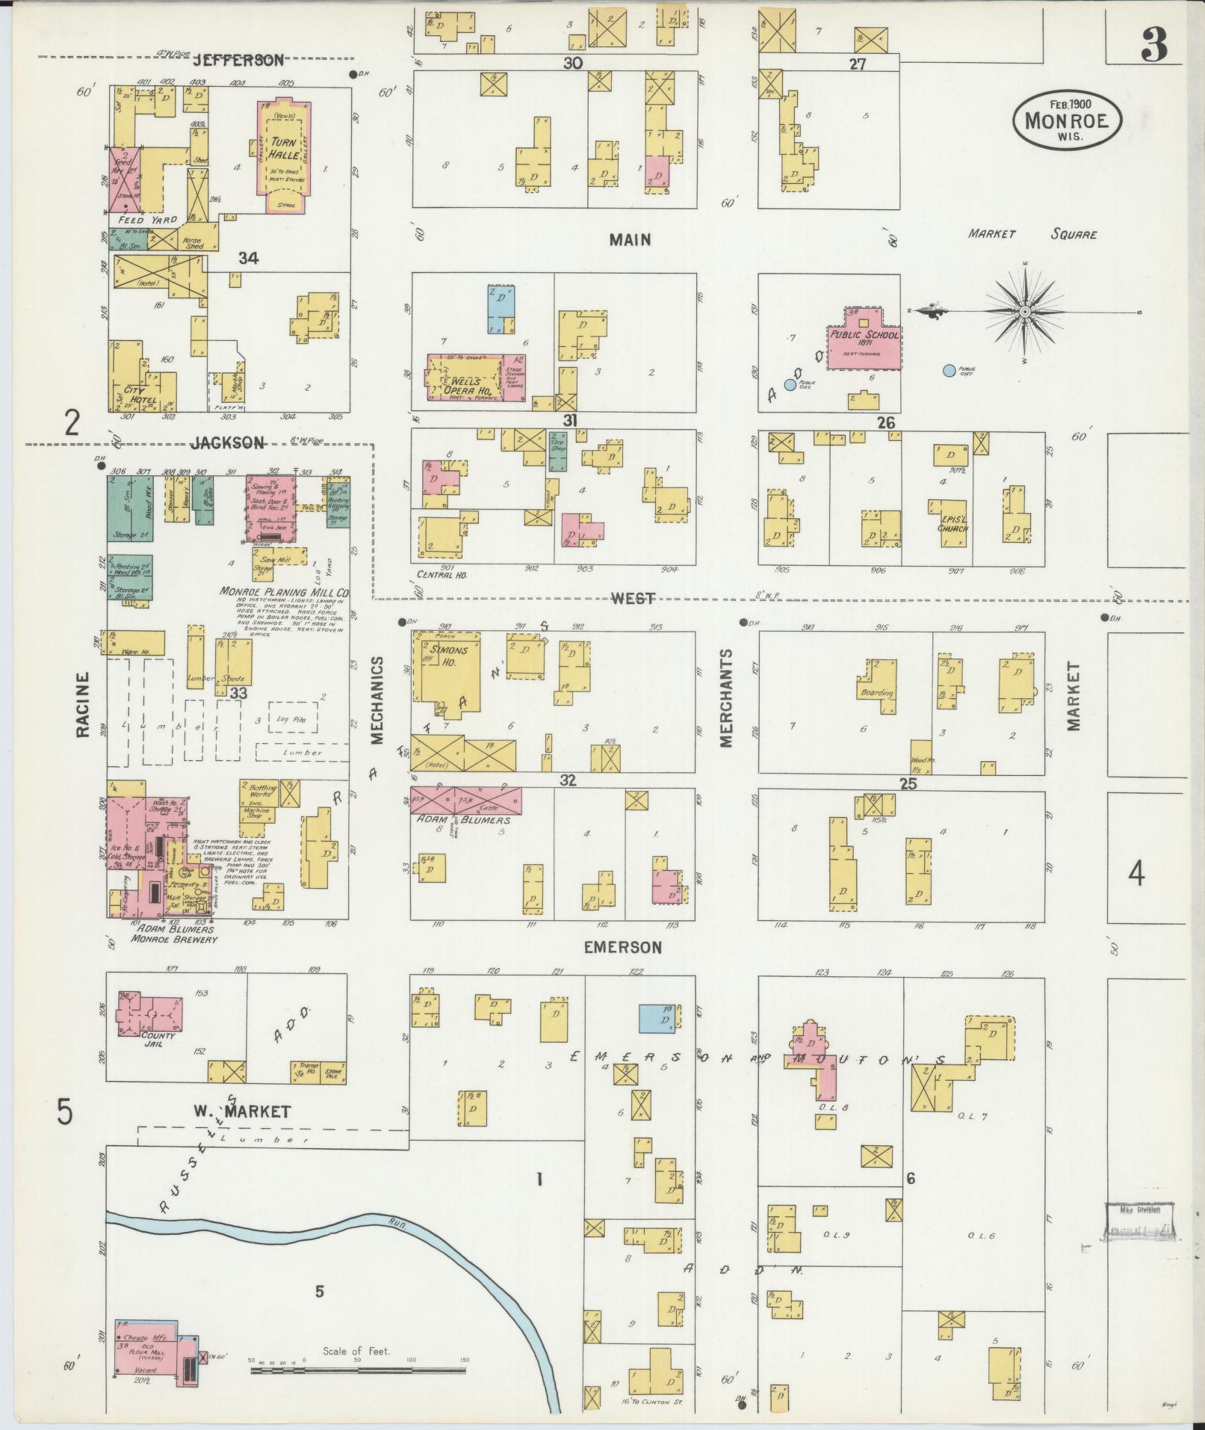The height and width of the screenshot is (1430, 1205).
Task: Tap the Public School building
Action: click(864, 336)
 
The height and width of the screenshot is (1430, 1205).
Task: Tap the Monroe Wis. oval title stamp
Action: click(1067, 120)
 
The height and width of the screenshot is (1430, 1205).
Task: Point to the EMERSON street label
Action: click(622, 947)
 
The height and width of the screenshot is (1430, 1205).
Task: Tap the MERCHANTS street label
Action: click(726, 697)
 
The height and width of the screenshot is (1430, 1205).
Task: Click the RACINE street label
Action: click(82, 704)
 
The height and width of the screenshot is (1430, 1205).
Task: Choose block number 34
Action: click(248, 258)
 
